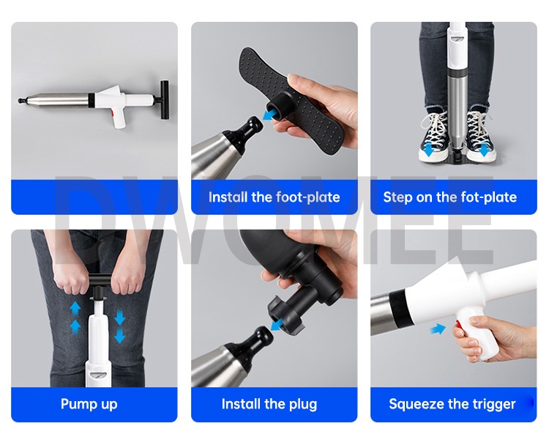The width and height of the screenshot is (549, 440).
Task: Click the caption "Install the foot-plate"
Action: click(x=274, y=197)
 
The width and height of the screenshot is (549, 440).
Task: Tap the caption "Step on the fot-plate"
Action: click(x=450, y=197)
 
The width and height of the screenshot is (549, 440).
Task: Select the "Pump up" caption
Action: click(x=89, y=404)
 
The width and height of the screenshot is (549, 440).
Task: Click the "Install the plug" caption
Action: click(x=269, y=404)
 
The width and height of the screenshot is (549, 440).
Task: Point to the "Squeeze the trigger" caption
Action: click(x=452, y=404)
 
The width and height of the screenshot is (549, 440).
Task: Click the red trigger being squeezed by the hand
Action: click(x=457, y=327)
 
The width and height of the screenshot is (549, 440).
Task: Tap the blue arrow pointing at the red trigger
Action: click(x=438, y=329)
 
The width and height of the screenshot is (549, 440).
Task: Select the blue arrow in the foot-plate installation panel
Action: click(x=269, y=114)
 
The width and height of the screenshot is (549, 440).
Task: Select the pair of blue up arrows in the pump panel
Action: click(x=75, y=318)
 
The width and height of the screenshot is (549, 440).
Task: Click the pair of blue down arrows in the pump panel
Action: click(x=120, y=326)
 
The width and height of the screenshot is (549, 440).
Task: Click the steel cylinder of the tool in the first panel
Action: click(x=59, y=100)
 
